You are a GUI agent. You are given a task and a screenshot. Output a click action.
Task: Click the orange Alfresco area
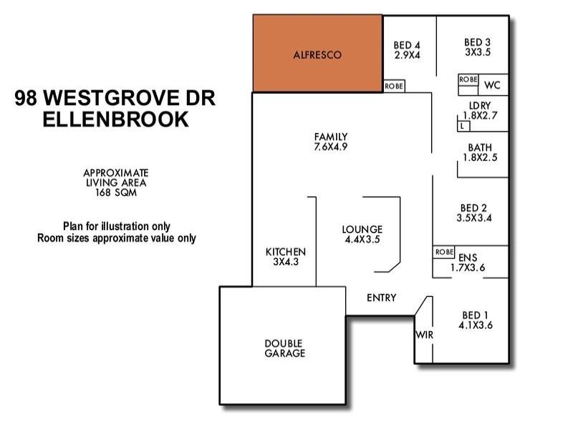[x=317, y=54]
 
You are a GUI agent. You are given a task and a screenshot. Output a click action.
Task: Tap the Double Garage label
[x=284, y=348]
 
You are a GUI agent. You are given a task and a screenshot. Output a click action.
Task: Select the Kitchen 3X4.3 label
[x=286, y=257]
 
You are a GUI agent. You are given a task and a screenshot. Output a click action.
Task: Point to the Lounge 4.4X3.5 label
[x=362, y=235]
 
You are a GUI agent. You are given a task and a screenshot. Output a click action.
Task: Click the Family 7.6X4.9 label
[x=331, y=142]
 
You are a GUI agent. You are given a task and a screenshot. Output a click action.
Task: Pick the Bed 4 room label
[x=407, y=50]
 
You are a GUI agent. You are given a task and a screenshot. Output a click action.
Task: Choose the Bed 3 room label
[x=477, y=47]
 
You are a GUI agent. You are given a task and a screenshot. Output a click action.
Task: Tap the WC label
[x=491, y=85]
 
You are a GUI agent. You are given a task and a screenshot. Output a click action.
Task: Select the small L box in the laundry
[x=463, y=127]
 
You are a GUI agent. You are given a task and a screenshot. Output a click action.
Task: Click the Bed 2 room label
[x=473, y=213]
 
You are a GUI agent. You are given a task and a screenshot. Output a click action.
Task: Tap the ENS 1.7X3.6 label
[x=468, y=263]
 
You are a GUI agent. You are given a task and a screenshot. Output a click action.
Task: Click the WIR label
[x=423, y=334]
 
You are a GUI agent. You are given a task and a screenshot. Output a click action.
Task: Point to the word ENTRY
[x=381, y=298]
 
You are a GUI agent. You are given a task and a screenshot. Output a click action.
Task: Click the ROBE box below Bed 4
[x=394, y=86]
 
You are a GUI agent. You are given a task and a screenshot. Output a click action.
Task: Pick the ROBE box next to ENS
[x=444, y=252]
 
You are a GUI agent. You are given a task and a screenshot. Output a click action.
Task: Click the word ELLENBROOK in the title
[x=116, y=119]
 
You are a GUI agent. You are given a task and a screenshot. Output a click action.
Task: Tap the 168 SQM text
[x=115, y=192]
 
